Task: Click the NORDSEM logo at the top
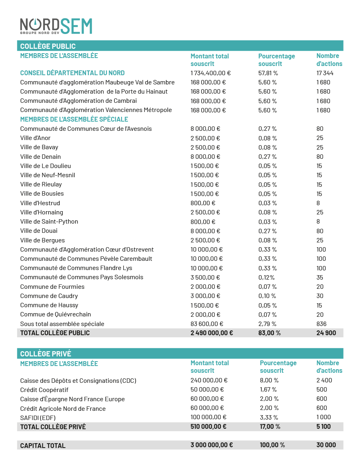click(56, 27)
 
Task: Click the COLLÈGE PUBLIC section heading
click(48, 46)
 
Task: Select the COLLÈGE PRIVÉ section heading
click(46, 354)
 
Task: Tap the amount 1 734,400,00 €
click(210, 73)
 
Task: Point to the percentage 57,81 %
click(268, 73)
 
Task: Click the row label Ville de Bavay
click(39, 147)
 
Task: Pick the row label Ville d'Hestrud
click(40, 203)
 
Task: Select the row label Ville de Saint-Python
click(49, 222)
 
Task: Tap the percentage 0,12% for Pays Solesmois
click(267, 277)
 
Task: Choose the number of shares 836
click(321, 324)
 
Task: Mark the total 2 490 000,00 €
click(212, 333)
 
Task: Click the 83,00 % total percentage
click(269, 333)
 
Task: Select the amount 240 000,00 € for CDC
click(209, 380)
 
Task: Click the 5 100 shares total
click(323, 426)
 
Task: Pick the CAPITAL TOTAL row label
click(43, 445)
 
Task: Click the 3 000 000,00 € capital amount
click(212, 445)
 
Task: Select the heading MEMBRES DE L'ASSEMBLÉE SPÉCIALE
click(74, 119)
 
